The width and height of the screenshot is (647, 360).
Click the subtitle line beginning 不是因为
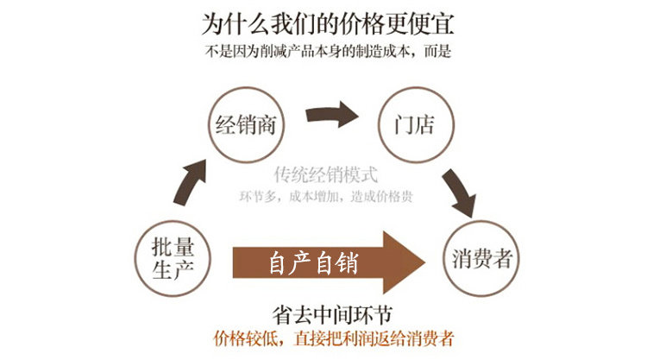329,50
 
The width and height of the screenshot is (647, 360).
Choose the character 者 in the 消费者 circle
504,257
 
